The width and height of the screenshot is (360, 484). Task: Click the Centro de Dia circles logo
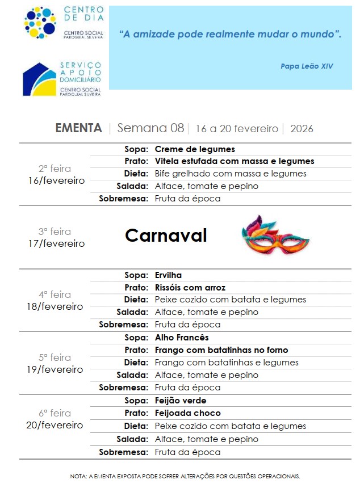click(x=40, y=23)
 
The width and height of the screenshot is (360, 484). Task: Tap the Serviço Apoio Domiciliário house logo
click(x=40, y=79)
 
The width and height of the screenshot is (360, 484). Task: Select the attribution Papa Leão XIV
click(x=307, y=66)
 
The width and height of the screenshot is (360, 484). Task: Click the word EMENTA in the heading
click(x=78, y=128)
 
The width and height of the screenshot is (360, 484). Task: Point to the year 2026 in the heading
click(x=302, y=129)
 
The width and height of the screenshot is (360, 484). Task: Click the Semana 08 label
click(x=150, y=128)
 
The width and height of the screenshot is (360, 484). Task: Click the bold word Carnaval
click(x=166, y=235)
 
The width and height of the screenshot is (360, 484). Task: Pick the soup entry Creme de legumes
click(x=195, y=149)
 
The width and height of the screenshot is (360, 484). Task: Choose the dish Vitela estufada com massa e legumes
click(x=235, y=161)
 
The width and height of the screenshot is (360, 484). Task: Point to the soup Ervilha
click(x=168, y=275)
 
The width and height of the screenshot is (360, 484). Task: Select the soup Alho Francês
click(x=182, y=338)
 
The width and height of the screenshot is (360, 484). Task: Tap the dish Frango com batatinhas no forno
click(x=221, y=350)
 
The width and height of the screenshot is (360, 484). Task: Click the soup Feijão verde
click(x=181, y=401)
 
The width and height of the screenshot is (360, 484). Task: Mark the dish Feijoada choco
click(x=188, y=413)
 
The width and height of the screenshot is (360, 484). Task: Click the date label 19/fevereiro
click(x=55, y=369)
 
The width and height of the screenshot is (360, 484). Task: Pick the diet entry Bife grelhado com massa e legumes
click(x=231, y=174)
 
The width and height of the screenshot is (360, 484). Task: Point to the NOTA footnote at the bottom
click(x=185, y=476)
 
